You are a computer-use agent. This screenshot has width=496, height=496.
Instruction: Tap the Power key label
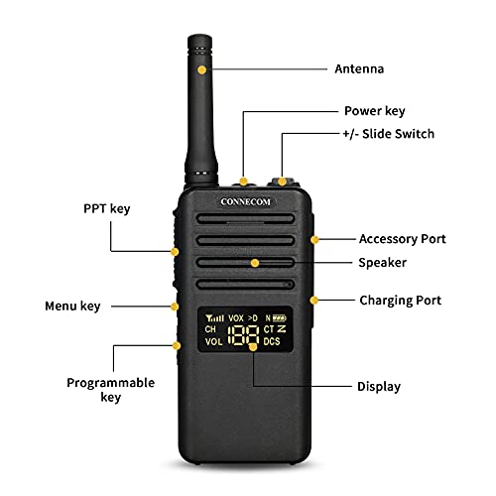click(x=374, y=111)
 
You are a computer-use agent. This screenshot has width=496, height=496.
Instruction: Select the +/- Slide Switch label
click(x=389, y=133)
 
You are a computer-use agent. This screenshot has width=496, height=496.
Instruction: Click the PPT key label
click(x=106, y=208)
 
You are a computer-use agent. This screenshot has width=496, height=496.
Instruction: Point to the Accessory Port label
click(x=402, y=239)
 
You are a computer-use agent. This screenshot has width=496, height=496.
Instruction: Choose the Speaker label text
click(x=381, y=263)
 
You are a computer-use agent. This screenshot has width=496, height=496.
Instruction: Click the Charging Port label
click(x=400, y=300)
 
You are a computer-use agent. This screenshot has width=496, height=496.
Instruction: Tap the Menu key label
click(x=72, y=306)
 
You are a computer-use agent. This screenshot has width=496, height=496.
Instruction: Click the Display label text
click(x=379, y=386)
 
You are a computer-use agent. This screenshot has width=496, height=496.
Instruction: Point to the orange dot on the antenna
click(x=202, y=70)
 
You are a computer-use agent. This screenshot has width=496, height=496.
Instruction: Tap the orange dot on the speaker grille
click(x=255, y=263)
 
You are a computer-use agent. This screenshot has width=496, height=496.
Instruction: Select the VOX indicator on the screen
click(x=236, y=317)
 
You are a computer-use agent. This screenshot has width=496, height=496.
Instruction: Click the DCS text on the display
click(x=272, y=342)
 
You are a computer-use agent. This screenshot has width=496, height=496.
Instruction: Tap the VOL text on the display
click(x=214, y=342)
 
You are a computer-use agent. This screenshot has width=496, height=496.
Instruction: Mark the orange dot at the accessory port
click(x=314, y=239)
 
